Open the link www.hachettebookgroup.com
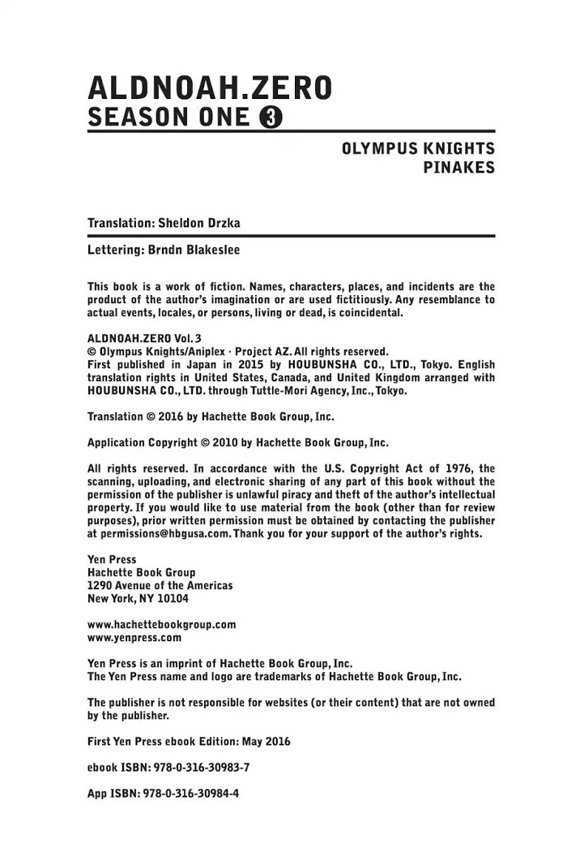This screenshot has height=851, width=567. coord(161,625)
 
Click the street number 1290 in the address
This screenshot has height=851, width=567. coord(100,585)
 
